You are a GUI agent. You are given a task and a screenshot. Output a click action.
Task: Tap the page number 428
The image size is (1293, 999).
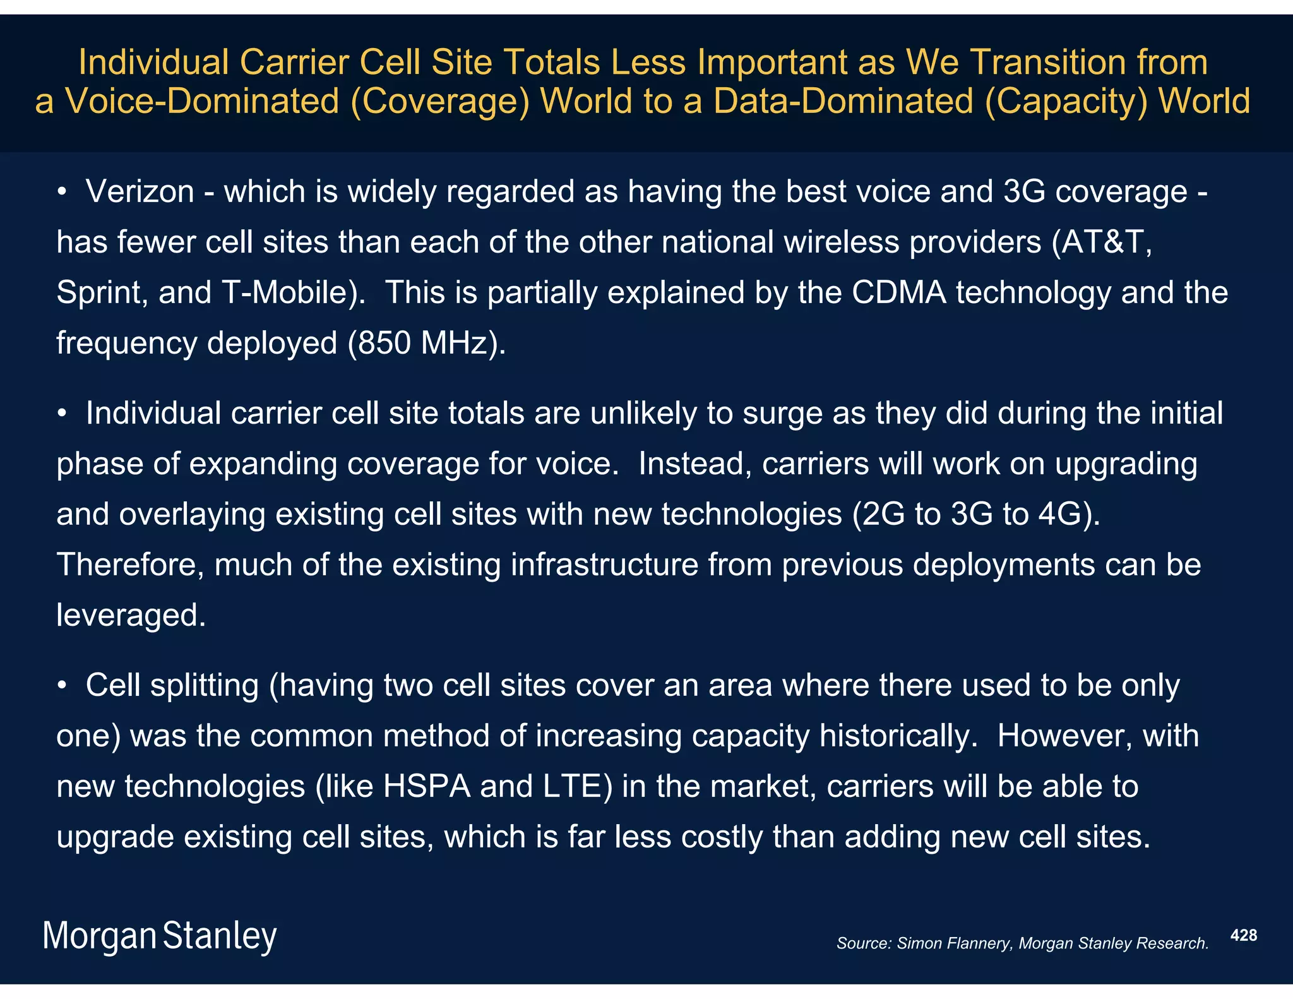pyautogui.click(x=1244, y=935)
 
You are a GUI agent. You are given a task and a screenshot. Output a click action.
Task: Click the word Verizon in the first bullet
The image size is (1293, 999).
pyautogui.click(x=140, y=191)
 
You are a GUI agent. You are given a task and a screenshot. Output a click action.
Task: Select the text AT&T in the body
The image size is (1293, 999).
pyautogui.click(x=1102, y=242)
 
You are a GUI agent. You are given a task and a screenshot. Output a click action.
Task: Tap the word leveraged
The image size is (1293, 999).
pyautogui.click(x=130, y=616)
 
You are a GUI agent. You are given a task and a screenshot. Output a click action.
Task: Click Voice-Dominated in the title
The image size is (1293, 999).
pyautogui.click(x=202, y=102)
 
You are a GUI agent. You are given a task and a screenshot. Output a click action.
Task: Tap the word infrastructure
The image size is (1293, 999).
pyautogui.click(x=604, y=565)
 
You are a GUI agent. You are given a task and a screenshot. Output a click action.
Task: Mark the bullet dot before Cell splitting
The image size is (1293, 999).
pyautogui.click(x=61, y=686)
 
